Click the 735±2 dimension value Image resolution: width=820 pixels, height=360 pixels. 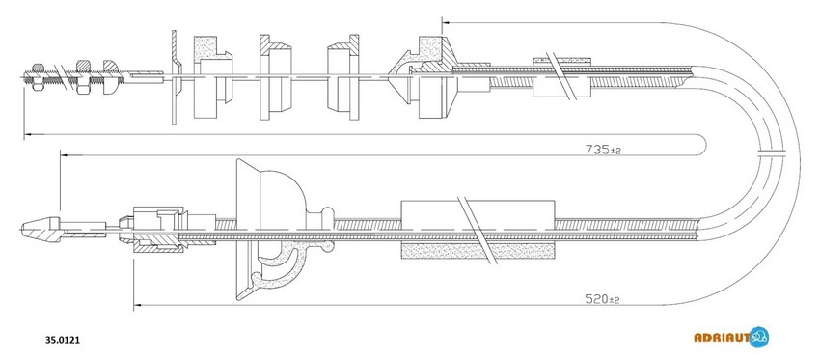coord(602,150)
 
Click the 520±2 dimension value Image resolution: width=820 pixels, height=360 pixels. coord(602,300)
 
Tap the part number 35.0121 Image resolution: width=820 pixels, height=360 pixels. coord(63,340)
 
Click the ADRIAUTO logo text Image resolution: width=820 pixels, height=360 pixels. coord(722,338)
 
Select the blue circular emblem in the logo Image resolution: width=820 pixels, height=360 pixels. coord(759,338)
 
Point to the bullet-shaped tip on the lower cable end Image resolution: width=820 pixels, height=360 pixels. coord(41,229)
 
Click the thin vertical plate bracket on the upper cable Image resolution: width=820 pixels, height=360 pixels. coord(176,77)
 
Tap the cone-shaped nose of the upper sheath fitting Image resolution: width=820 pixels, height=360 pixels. coord(399,77)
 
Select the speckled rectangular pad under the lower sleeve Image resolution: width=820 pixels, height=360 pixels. coord(478,252)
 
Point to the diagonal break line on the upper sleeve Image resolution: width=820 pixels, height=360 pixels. coord(561,76)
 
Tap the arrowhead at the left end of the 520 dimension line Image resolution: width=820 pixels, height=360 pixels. coord(138,305)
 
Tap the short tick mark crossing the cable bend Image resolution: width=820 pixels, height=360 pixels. coord(773,152)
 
